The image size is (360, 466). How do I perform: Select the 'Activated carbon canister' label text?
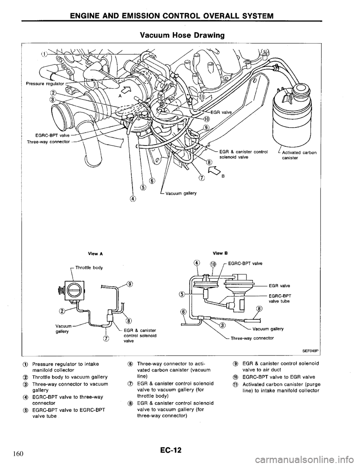[x=299, y=155]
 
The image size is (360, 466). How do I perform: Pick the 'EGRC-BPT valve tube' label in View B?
[x=284, y=298]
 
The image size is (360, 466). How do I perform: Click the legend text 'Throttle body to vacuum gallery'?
[x=70, y=377]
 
